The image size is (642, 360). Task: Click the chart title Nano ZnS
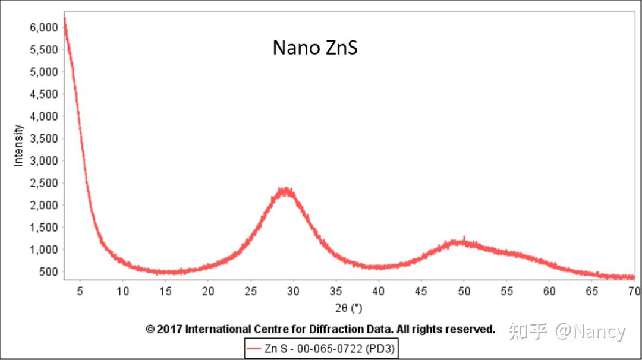(x=315, y=48)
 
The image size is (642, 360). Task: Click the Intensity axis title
(x=18, y=145)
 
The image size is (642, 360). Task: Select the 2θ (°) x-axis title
(x=348, y=308)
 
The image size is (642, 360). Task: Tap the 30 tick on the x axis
(x=293, y=291)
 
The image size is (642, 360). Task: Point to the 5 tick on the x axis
(x=80, y=291)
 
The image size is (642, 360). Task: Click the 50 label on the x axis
(x=464, y=291)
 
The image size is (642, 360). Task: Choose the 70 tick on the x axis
(x=634, y=291)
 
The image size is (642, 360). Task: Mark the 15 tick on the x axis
(x=165, y=291)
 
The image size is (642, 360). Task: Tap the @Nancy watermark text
(x=590, y=331)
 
